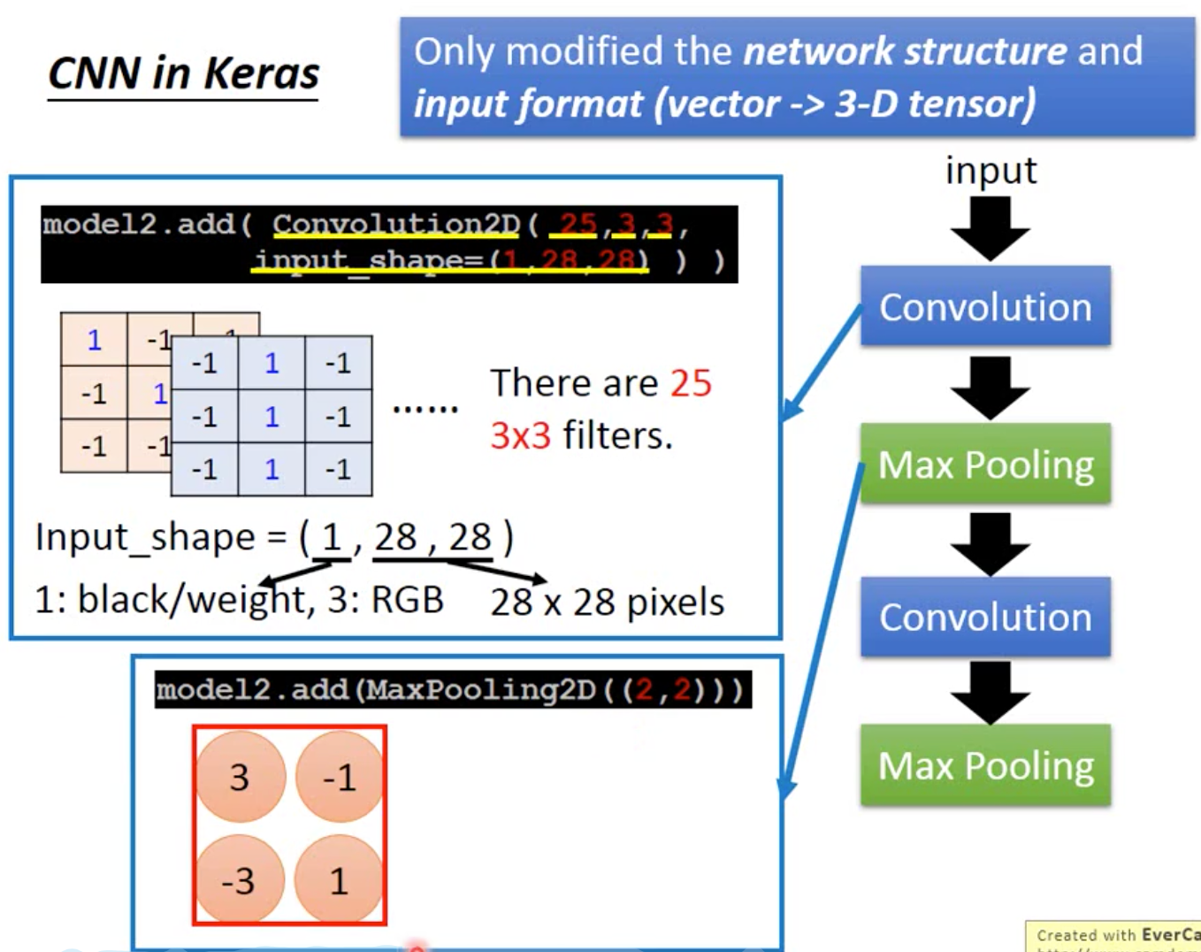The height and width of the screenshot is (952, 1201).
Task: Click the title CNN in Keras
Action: coord(183,73)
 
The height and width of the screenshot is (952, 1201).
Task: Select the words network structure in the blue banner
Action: coord(906,51)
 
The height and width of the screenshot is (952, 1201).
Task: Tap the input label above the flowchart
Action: coord(990,170)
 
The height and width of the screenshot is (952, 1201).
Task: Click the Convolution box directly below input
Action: coord(985,307)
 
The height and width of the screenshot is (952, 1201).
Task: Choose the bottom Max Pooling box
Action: coord(985,765)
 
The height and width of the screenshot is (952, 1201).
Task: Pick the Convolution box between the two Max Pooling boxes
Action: coord(985,617)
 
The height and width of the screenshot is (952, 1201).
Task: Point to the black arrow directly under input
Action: coord(990,227)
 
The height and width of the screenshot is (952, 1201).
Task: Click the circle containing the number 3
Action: coord(240,777)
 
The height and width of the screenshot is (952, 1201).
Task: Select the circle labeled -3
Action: coord(239,880)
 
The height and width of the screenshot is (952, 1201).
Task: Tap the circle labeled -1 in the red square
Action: coord(340,777)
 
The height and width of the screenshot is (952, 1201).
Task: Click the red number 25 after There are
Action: coord(691,383)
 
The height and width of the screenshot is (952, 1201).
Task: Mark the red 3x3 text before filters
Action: coord(520,435)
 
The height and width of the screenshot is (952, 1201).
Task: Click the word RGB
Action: coord(407,600)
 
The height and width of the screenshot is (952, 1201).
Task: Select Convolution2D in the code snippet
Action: coord(395,224)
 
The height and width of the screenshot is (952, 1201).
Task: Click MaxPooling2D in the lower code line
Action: coord(481,689)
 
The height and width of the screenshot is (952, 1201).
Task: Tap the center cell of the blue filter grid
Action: coord(272,416)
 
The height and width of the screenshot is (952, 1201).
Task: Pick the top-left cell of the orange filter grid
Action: coord(94,340)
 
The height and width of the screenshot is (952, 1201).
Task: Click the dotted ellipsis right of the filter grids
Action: coord(425,409)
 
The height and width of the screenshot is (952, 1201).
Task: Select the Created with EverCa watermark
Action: coord(1116,935)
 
